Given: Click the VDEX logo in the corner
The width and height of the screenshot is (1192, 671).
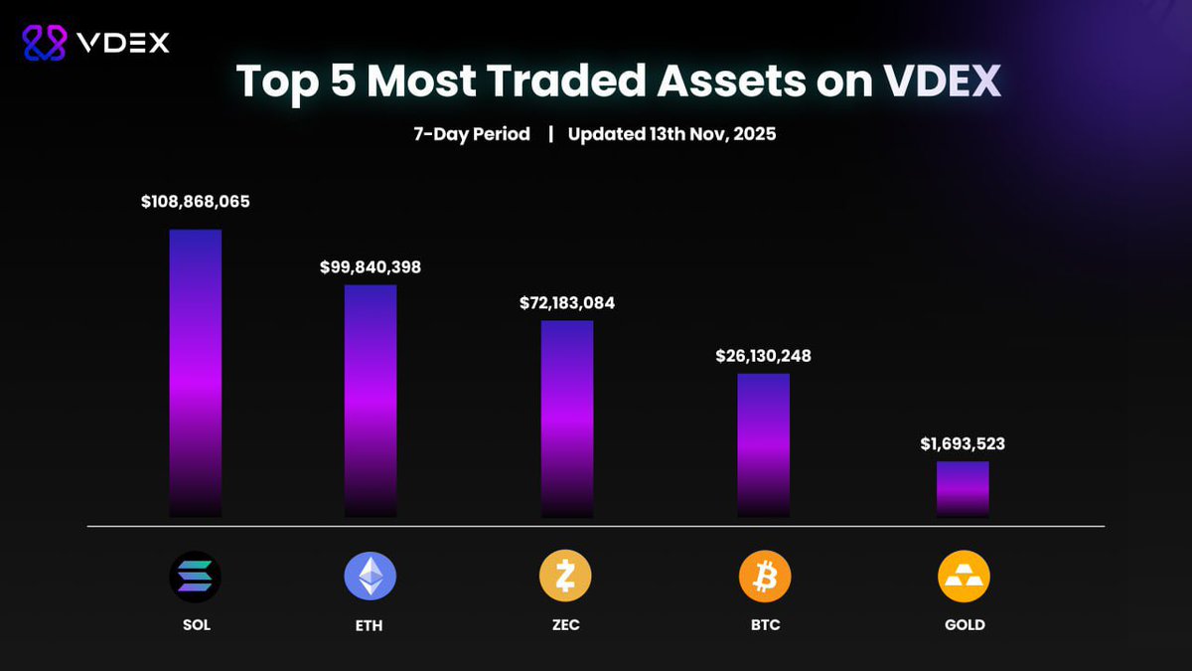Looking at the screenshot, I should point(96,42).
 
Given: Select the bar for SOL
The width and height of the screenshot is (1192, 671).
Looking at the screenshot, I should point(196,373).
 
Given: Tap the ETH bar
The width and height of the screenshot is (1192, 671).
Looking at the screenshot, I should point(371,401).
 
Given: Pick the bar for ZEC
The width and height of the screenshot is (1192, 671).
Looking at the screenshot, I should point(567,419).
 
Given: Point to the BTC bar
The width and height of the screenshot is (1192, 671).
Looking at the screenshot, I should point(764,444).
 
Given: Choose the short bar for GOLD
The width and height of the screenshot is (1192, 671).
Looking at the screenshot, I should point(963,488).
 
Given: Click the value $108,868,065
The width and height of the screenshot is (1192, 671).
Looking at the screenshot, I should point(196,202).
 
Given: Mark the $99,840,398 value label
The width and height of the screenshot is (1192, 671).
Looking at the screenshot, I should point(371,267).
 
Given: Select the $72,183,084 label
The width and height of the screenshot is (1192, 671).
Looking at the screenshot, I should point(567,303).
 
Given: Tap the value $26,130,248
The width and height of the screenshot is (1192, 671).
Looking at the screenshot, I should point(764,356).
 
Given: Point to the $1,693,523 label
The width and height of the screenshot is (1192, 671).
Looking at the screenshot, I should point(963,443).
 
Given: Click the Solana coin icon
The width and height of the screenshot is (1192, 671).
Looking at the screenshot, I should point(196,577).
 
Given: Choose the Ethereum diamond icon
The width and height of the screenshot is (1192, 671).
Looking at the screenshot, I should point(370,577).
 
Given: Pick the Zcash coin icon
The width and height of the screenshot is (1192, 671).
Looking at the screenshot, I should point(565,577).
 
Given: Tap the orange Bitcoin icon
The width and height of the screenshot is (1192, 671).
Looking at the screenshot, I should point(765,577).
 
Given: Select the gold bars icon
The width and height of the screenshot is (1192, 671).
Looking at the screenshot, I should point(964,577).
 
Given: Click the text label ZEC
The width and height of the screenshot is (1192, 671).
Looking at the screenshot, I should point(565,625).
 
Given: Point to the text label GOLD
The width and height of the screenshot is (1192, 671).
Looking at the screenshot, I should point(964,625).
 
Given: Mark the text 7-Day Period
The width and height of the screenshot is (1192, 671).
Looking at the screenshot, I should point(472,134).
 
